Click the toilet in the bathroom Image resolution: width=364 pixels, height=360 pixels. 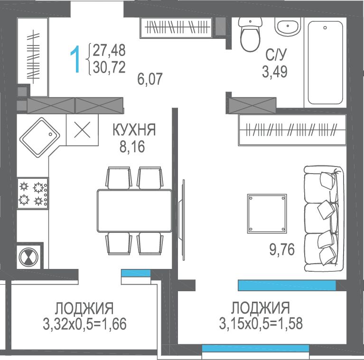pyautogui.click(x=250, y=34)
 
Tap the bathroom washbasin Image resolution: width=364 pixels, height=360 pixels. pyautogui.click(x=288, y=26)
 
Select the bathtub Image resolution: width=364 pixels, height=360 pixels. pyautogui.click(x=325, y=63)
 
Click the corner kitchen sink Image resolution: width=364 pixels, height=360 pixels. pyautogui.click(x=40, y=138)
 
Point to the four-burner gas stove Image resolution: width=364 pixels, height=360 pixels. pyautogui.click(x=33, y=193)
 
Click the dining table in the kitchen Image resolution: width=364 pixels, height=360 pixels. pyautogui.click(x=134, y=211)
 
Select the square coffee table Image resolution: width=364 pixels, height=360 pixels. pyautogui.click(x=267, y=213)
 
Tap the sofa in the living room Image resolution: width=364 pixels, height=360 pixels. pyautogui.click(x=324, y=218)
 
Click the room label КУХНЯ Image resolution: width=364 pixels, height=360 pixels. pyautogui.click(x=134, y=129)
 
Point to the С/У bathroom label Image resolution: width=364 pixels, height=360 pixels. pyautogui.click(x=276, y=55)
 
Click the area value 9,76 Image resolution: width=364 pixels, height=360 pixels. pyautogui.click(x=282, y=249)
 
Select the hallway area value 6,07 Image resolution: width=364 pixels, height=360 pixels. pyautogui.click(x=150, y=79)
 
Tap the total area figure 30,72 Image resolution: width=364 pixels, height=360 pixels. pyautogui.click(x=109, y=67)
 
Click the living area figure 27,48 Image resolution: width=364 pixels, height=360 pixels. pyautogui.click(x=109, y=50)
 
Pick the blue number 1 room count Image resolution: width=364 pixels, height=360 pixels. pyautogui.click(x=75, y=59)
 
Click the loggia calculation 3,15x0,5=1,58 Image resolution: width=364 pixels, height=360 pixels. pyautogui.click(x=261, y=323)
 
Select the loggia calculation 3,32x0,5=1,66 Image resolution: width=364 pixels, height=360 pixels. pyautogui.click(x=84, y=324)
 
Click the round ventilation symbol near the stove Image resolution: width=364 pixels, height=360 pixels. pyautogui.click(x=28, y=257)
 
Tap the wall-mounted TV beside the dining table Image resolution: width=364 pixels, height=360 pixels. pyautogui.click(x=182, y=220)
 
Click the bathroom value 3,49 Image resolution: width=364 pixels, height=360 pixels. pyautogui.click(x=275, y=72)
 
